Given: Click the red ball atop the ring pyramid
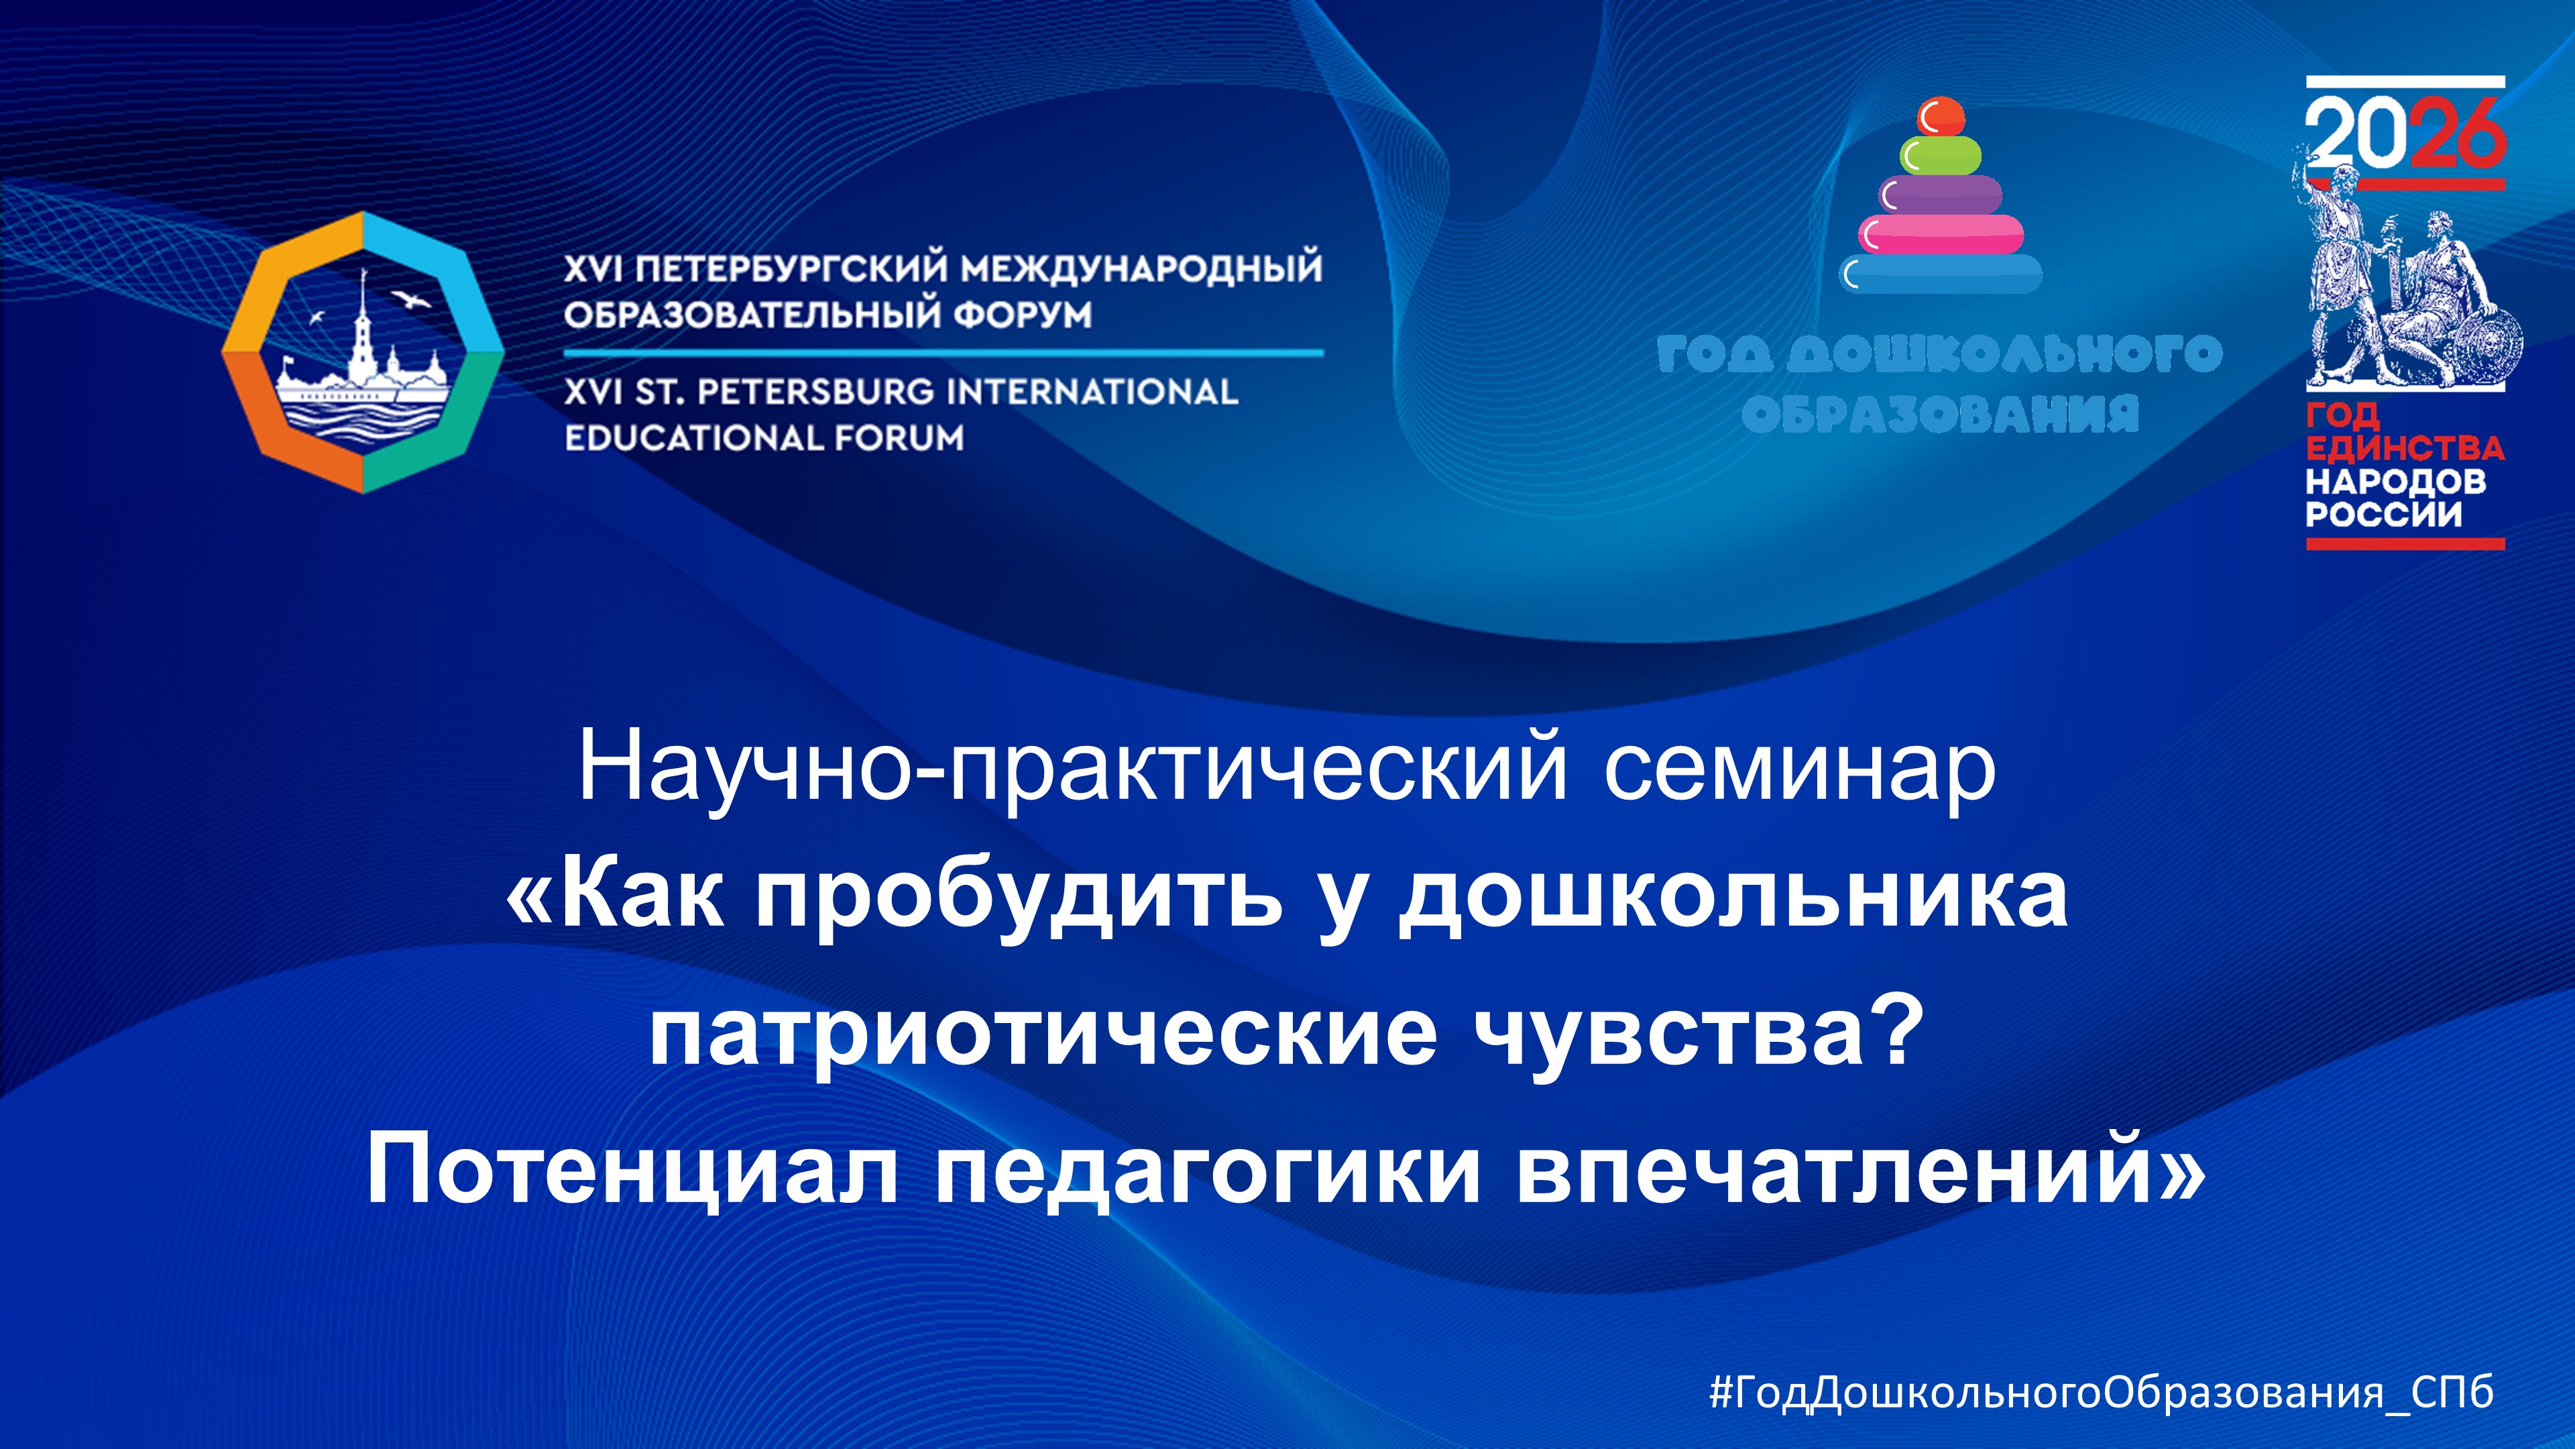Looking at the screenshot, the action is click(x=1941, y=116).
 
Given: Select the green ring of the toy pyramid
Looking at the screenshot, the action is click(x=1941, y=155).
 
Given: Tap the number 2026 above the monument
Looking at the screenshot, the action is click(x=2405, y=137).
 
